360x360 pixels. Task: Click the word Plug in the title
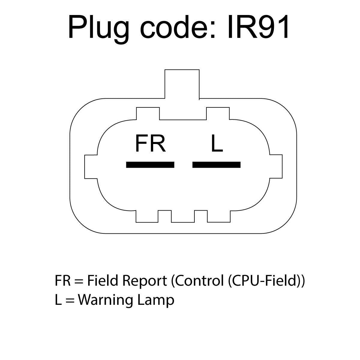click(x=99, y=28)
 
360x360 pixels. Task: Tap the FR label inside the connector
click(x=150, y=143)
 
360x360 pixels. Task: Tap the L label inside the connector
click(x=217, y=143)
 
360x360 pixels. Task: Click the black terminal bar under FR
click(x=150, y=165)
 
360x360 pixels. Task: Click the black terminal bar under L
click(x=216, y=165)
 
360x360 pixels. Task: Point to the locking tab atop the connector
click(x=182, y=84)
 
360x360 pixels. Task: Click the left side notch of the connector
click(x=91, y=166)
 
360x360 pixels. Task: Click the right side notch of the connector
click(x=276, y=166)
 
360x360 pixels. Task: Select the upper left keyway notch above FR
click(x=148, y=113)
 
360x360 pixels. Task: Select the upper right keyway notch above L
click(x=218, y=113)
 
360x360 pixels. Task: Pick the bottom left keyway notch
click(x=147, y=216)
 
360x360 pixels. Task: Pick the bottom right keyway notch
click(x=219, y=216)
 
